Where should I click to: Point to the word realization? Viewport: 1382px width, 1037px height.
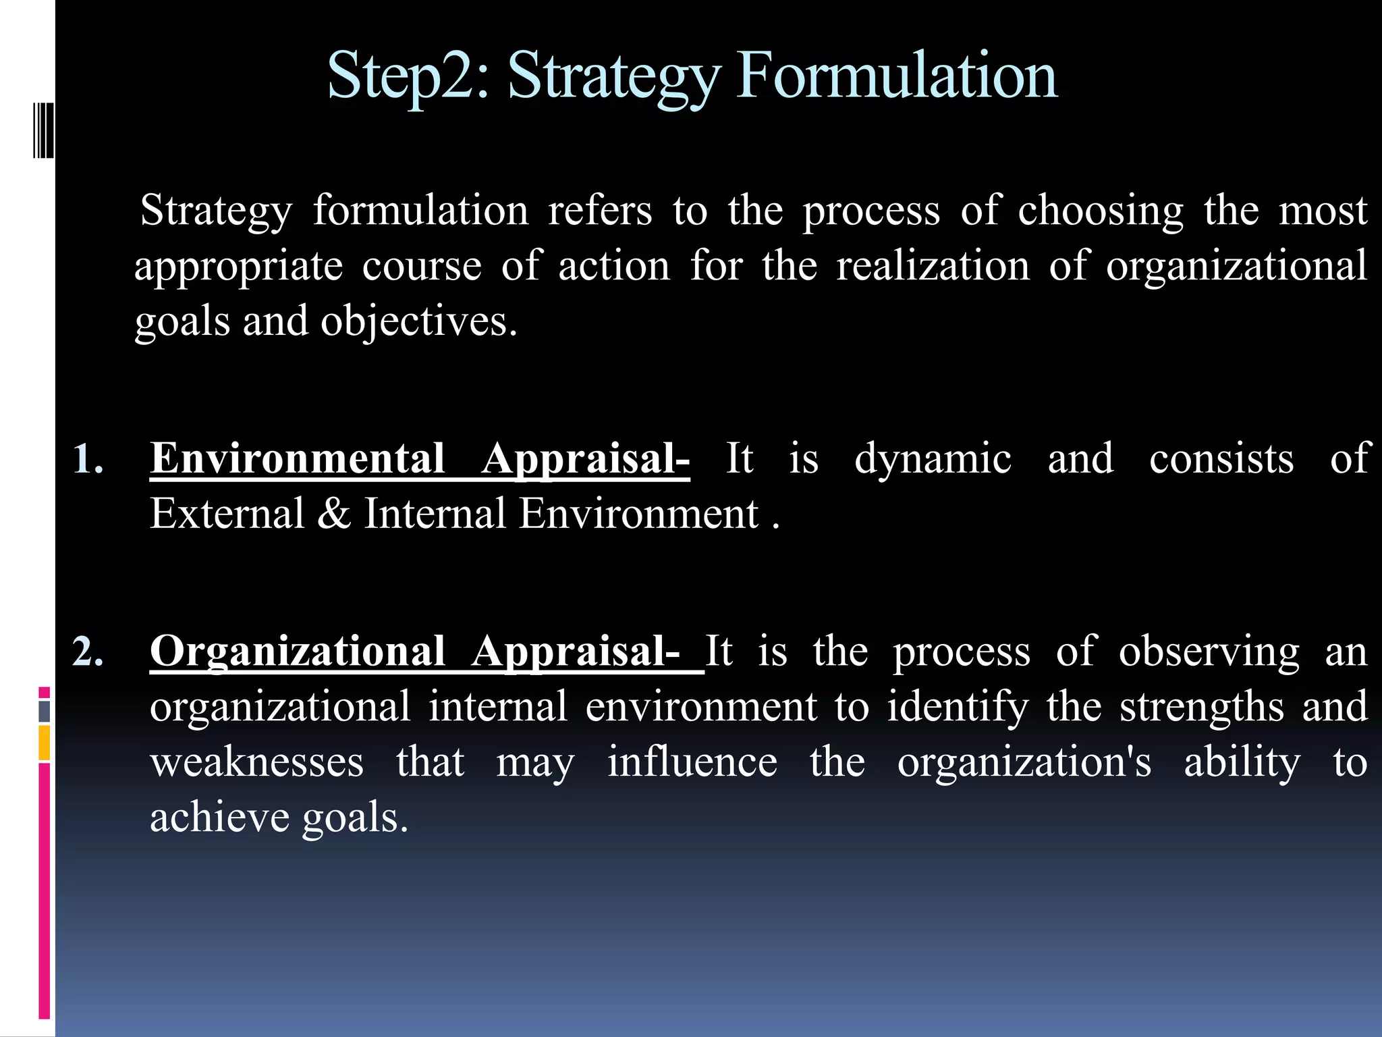point(933,266)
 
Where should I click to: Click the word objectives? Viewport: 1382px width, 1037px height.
point(418,323)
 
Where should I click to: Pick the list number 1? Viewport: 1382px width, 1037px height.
point(88,459)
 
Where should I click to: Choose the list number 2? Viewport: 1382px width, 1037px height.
point(88,653)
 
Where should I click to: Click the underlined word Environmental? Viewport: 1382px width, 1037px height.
point(297,459)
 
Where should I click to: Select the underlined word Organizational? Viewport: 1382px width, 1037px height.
point(297,653)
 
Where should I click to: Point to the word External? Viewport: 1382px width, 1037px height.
point(227,514)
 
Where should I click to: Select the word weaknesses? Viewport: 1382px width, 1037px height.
point(256,763)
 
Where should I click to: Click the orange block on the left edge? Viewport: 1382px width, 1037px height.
point(44,743)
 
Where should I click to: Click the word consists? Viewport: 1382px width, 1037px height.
point(1221,459)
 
